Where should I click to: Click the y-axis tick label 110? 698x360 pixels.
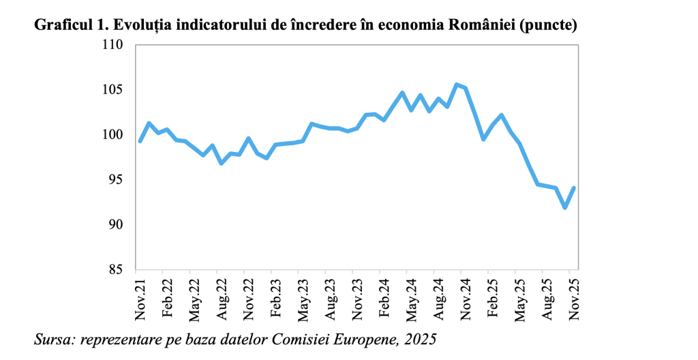tap(112, 45)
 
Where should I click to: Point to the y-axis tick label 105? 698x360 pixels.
tap(112, 90)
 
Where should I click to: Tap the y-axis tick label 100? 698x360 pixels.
tap(112, 135)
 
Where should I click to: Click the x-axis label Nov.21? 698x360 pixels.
tap(140, 299)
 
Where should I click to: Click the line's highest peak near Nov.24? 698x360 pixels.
tap(456, 85)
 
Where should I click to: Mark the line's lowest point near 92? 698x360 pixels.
tap(565, 207)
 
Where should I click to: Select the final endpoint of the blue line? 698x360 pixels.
tap(574, 187)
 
